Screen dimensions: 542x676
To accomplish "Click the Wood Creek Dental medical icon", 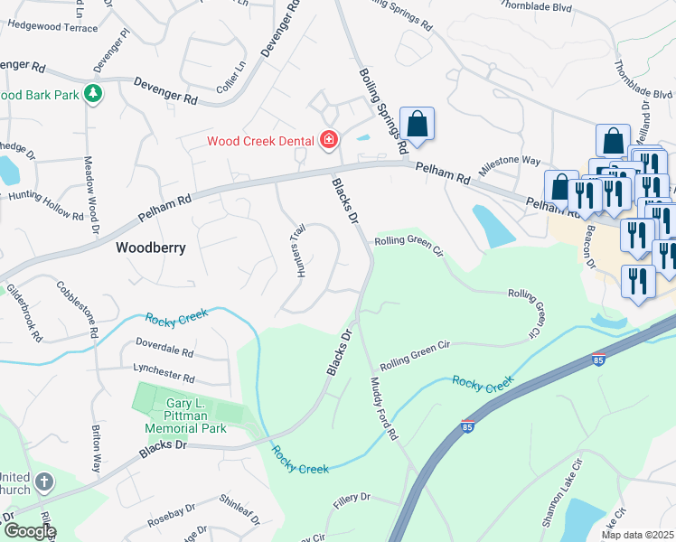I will tap(328, 139).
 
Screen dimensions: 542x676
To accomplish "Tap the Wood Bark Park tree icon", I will tap(92, 93).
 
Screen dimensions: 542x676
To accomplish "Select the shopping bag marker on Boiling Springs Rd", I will tap(417, 125).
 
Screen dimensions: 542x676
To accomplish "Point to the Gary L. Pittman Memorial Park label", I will tap(196, 416).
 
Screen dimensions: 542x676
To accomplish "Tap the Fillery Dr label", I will tap(352, 498).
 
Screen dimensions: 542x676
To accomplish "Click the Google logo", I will tap(30, 531).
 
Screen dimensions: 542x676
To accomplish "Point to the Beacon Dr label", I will tap(590, 247).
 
